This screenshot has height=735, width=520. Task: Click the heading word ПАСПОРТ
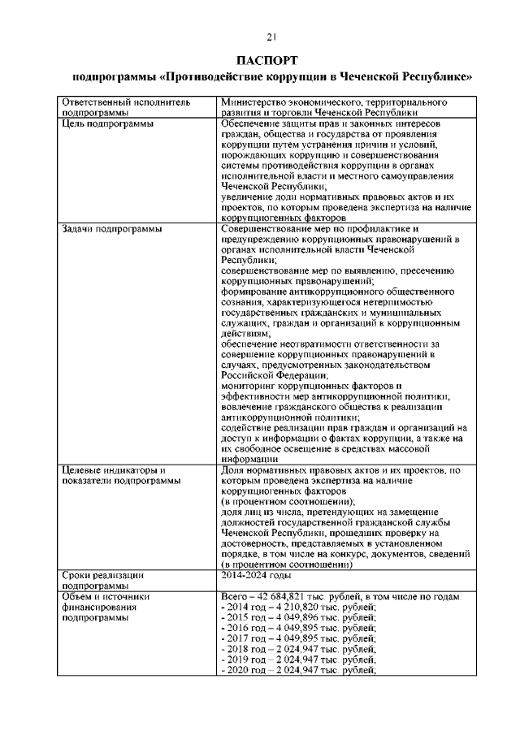[271, 62]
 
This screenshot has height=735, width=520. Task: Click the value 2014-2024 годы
[256, 575]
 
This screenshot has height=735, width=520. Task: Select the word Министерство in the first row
[253, 103]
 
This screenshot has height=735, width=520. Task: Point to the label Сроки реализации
[102, 575]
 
